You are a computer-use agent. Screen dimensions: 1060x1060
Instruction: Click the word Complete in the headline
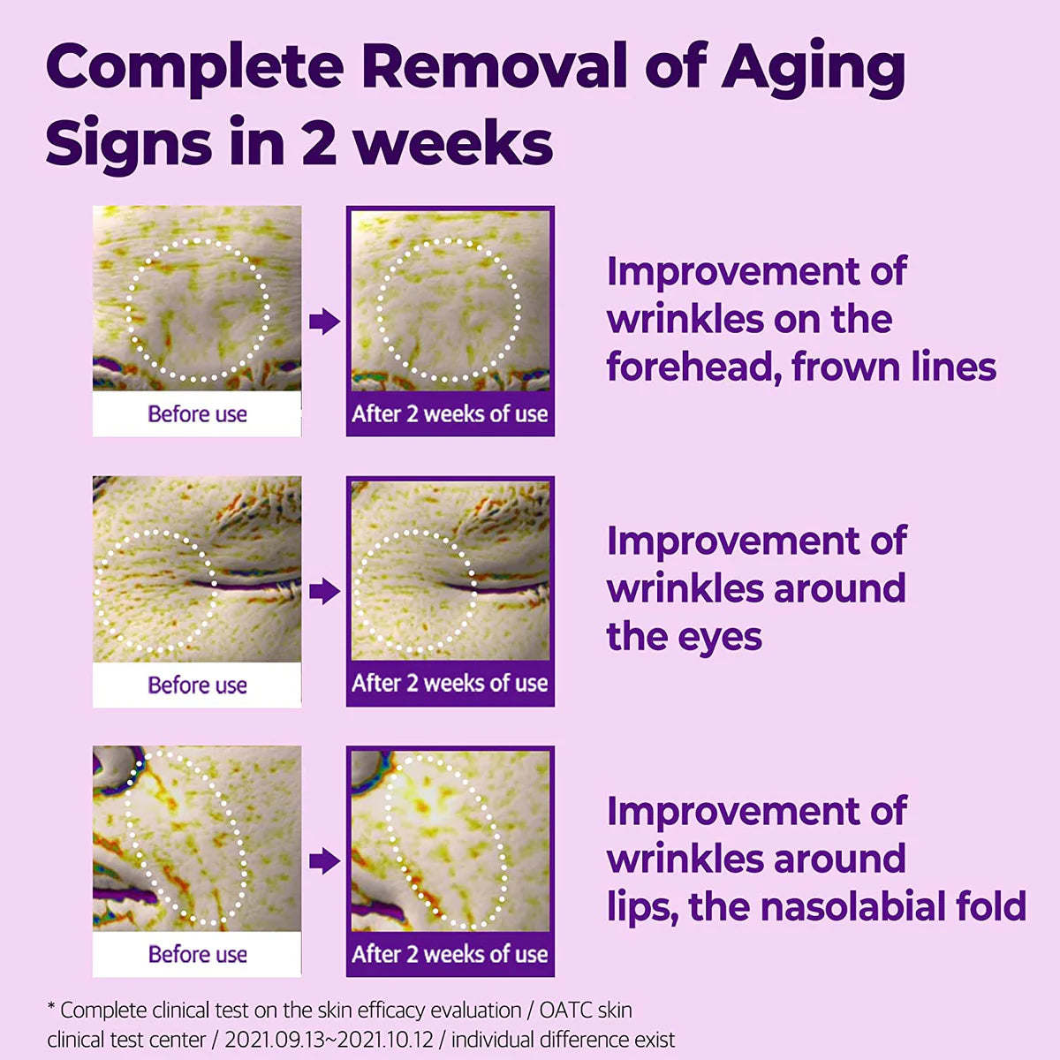point(195,68)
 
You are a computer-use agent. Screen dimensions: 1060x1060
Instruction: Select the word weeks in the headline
point(453,140)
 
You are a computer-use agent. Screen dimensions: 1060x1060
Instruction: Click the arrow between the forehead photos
point(324,322)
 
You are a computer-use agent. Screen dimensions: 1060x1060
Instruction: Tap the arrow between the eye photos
point(324,591)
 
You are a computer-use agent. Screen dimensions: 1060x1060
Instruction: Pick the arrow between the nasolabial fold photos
point(324,861)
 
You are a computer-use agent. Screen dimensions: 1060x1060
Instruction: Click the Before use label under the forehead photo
point(198,413)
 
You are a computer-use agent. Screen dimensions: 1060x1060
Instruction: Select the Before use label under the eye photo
point(198,685)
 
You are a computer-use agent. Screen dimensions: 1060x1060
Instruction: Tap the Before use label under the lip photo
point(198,954)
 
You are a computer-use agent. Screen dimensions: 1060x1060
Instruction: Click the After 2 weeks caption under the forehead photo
point(450,413)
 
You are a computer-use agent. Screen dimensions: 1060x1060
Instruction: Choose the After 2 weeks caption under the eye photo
point(450,683)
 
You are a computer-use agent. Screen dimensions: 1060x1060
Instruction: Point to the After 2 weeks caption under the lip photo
point(450,954)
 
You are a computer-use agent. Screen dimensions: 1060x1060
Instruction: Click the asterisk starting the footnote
point(51,1006)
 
